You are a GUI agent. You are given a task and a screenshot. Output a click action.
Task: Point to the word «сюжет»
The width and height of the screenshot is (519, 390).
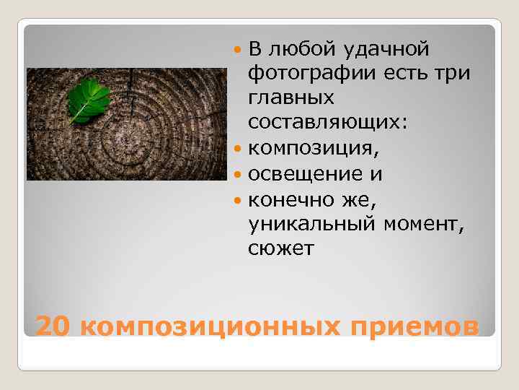281,248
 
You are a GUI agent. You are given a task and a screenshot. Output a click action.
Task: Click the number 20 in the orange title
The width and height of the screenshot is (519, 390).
53,326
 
